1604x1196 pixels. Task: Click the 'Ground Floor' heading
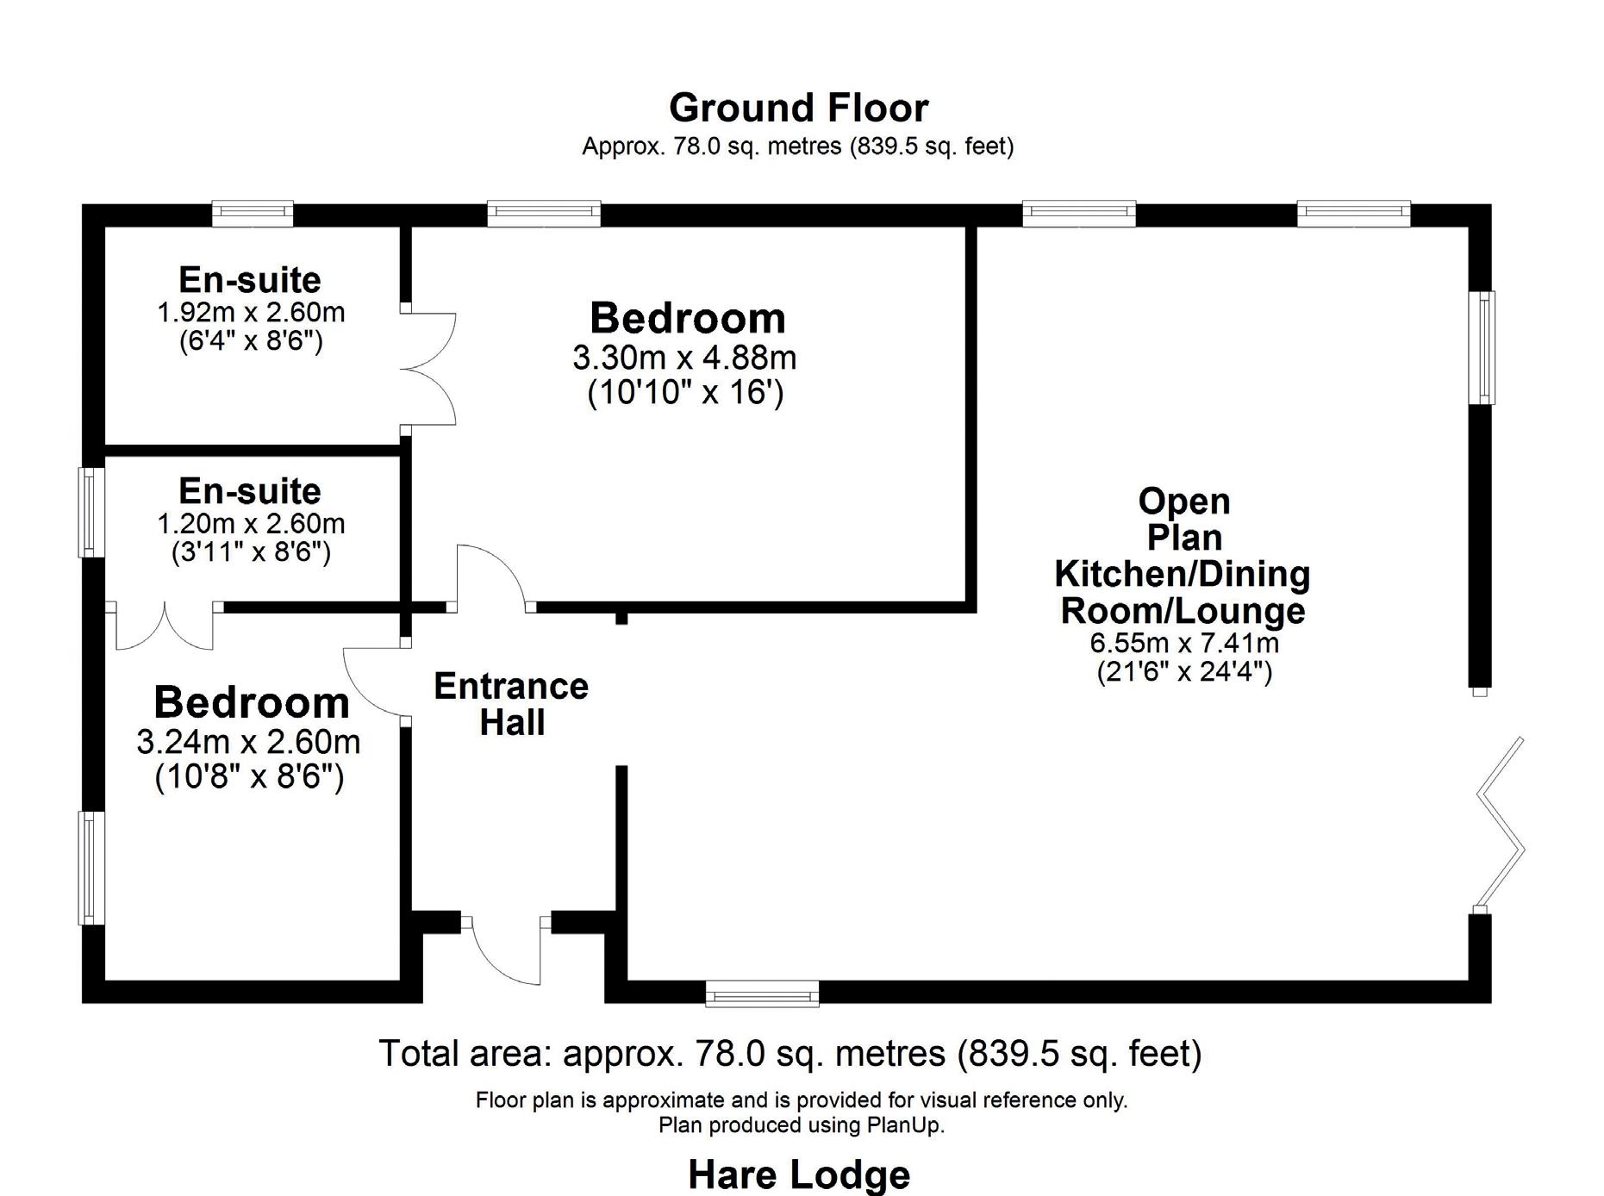(x=798, y=109)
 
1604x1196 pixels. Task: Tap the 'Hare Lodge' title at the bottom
(x=799, y=1174)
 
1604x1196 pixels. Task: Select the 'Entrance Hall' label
(x=511, y=704)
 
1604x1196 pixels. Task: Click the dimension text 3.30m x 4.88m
(x=684, y=357)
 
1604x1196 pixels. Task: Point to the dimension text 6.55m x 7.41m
(x=1184, y=643)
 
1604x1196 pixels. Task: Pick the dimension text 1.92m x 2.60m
(x=251, y=312)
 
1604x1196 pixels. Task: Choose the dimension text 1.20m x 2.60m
(x=251, y=523)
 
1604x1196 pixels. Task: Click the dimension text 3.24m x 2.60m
(x=248, y=742)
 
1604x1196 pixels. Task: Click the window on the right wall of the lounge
(x=1482, y=347)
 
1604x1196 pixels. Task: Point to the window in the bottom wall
(x=762, y=994)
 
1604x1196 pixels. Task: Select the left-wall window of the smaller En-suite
(x=91, y=512)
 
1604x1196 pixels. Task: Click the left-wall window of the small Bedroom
(x=91, y=867)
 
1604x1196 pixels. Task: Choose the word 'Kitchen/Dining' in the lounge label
(x=1183, y=574)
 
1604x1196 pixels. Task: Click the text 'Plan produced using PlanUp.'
(x=801, y=1125)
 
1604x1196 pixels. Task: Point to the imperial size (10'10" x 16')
(x=685, y=393)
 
